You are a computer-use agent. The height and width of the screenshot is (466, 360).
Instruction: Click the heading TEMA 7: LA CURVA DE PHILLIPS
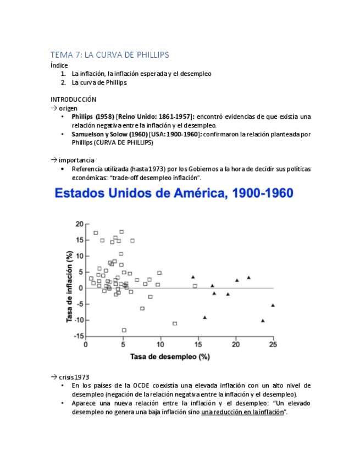(x=110, y=55)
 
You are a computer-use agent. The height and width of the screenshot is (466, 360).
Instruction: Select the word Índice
(x=59, y=65)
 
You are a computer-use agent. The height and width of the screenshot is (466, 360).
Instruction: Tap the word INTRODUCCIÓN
(x=73, y=99)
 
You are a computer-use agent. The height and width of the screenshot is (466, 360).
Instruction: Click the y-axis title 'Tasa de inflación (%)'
(x=70, y=286)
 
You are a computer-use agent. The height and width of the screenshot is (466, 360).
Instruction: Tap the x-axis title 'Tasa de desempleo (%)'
(x=170, y=357)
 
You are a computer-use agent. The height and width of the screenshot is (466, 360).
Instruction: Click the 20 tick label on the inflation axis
(x=79, y=224)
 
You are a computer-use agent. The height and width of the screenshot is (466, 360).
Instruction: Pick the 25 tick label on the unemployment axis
(x=273, y=345)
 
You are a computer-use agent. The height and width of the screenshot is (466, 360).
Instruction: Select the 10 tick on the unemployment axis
(x=160, y=345)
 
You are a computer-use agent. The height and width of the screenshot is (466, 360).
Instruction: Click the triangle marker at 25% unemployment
(x=273, y=306)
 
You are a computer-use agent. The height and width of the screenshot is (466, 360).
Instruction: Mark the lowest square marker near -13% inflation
(x=124, y=330)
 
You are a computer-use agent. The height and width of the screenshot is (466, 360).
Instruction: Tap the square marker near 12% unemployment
(x=175, y=324)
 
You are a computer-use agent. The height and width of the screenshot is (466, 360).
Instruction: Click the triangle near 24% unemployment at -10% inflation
(x=263, y=320)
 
